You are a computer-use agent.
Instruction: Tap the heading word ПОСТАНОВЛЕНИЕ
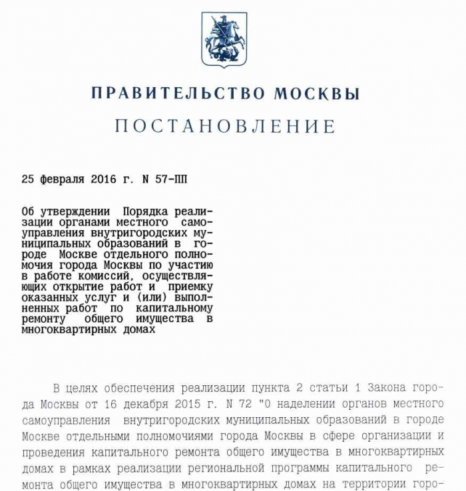coord(225,126)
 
